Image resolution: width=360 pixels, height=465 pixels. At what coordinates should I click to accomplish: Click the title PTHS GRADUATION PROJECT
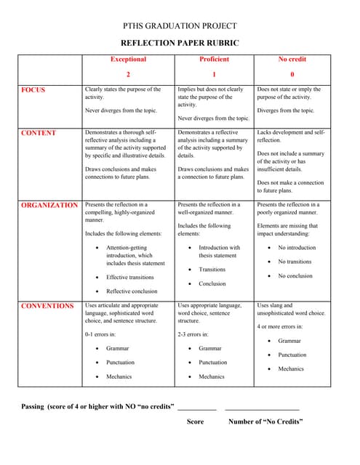tap(180, 25)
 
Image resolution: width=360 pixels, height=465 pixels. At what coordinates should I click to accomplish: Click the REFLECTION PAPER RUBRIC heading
tap(180, 43)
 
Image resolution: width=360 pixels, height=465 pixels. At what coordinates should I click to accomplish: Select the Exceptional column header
tap(128, 60)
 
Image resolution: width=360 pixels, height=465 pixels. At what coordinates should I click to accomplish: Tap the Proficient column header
tap(214, 60)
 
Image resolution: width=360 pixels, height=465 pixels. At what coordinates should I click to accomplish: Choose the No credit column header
tap(292, 60)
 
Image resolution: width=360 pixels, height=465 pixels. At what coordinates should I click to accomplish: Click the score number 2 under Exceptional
tap(128, 74)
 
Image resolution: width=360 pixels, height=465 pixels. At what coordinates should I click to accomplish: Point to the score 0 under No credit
tap(292, 74)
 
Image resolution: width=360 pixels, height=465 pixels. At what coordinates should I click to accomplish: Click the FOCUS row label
tap(33, 90)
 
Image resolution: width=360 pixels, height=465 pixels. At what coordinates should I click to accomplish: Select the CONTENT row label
tap(39, 134)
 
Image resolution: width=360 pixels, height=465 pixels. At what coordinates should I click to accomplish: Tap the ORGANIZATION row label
tap(49, 206)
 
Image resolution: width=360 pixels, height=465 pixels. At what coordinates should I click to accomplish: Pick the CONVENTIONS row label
tap(47, 306)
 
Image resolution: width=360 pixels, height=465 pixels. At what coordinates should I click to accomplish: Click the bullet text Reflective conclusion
tap(137, 291)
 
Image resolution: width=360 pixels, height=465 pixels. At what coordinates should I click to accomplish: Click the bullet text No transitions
tap(295, 262)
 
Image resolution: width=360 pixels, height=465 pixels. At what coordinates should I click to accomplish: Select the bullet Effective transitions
tap(130, 277)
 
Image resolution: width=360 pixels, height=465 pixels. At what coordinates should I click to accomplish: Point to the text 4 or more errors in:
tap(280, 326)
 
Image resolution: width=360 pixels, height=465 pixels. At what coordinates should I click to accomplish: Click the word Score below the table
tap(195, 421)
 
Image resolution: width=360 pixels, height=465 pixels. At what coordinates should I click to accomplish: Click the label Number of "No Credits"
tap(265, 421)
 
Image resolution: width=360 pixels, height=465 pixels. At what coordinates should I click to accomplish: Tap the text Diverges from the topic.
tap(286, 111)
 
